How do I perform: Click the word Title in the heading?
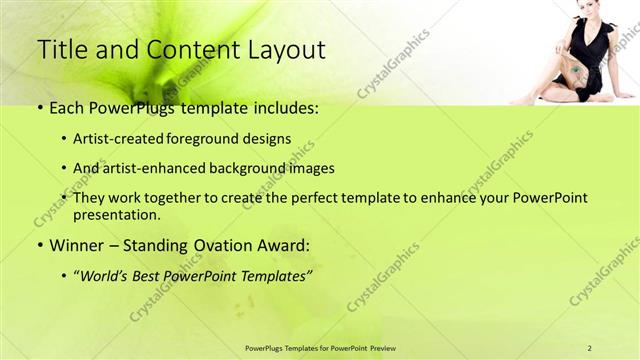tap(61, 51)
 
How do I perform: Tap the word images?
tap(310, 168)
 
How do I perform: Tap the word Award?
tap(281, 244)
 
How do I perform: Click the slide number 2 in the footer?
tap(590, 346)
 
